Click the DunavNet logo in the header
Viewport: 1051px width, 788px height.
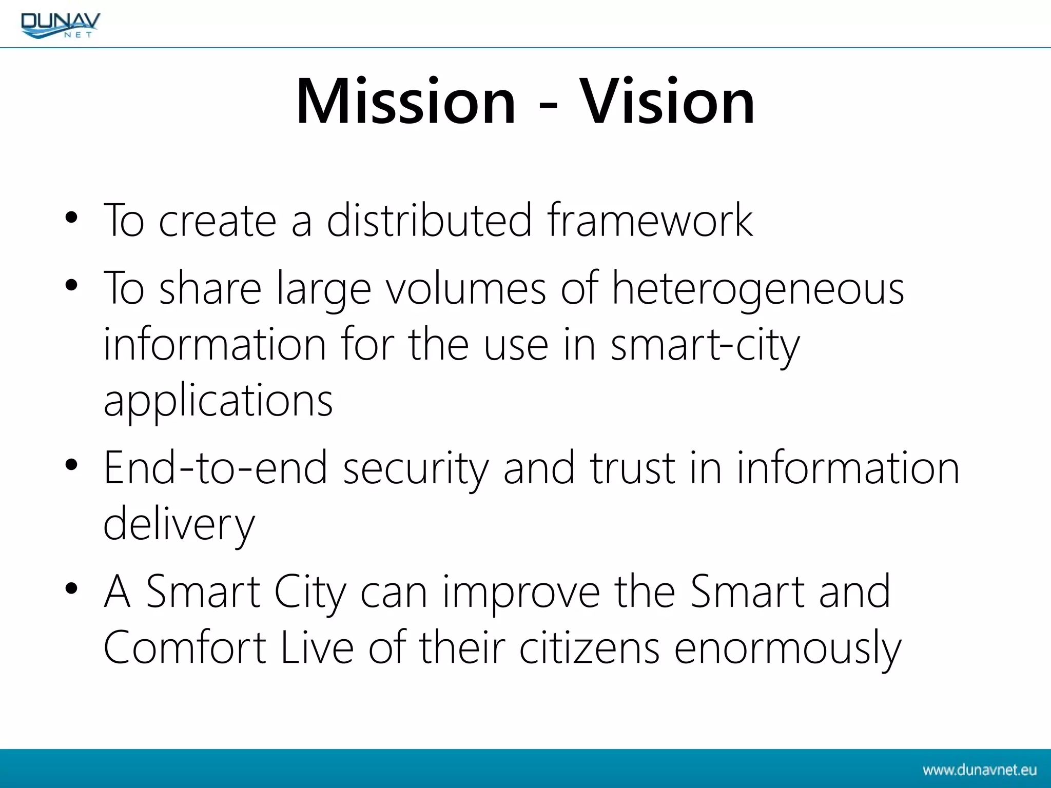[x=61, y=25]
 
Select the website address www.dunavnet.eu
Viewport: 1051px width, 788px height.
[x=979, y=770]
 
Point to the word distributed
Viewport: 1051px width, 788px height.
[x=429, y=220]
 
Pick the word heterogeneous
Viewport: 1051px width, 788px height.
[x=758, y=289]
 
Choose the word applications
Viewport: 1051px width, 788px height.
[x=218, y=401]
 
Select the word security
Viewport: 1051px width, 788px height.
[x=416, y=468]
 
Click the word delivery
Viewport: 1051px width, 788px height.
[x=179, y=524]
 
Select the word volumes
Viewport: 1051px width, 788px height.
[x=465, y=289]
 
